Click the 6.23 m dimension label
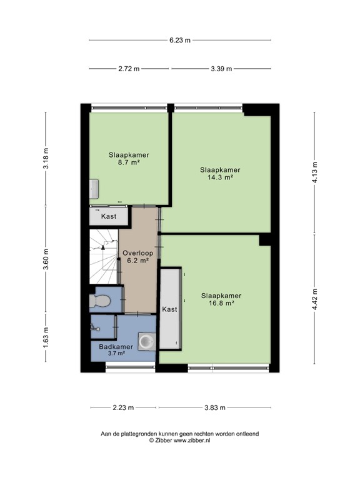coord(180,40)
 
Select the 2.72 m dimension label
coord(129,69)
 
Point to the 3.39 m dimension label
coord(221,69)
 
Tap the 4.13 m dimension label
coord(315,172)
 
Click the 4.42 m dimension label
coord(315,299)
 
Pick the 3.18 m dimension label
coord(46,158)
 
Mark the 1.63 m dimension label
coord(46,337)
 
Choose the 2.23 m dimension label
coord(123,407)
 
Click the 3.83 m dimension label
coord(215,407)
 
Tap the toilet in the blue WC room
coord(100,301)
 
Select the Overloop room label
coord(137,254)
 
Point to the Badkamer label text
coord(116,347)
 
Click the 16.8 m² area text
coord(221,303)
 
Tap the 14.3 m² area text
coord(220,177)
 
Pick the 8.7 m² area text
coord(129,162)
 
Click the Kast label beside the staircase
coord(109,216)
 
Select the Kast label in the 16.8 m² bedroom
coord(169,309)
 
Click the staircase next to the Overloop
coord(104,256)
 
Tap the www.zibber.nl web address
coord(192,441)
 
